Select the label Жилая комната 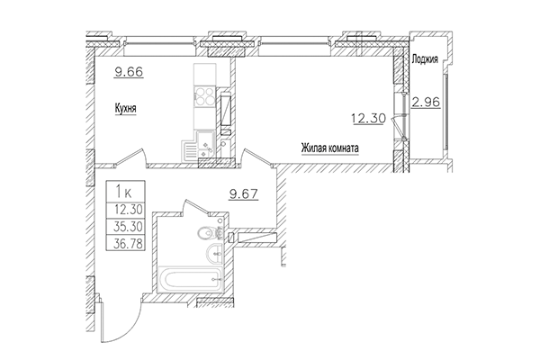click(x=329, y=151)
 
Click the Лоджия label click(x=424, y=61)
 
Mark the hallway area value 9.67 click(x=245, y=193)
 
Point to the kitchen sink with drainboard click(x=205, y=144)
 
